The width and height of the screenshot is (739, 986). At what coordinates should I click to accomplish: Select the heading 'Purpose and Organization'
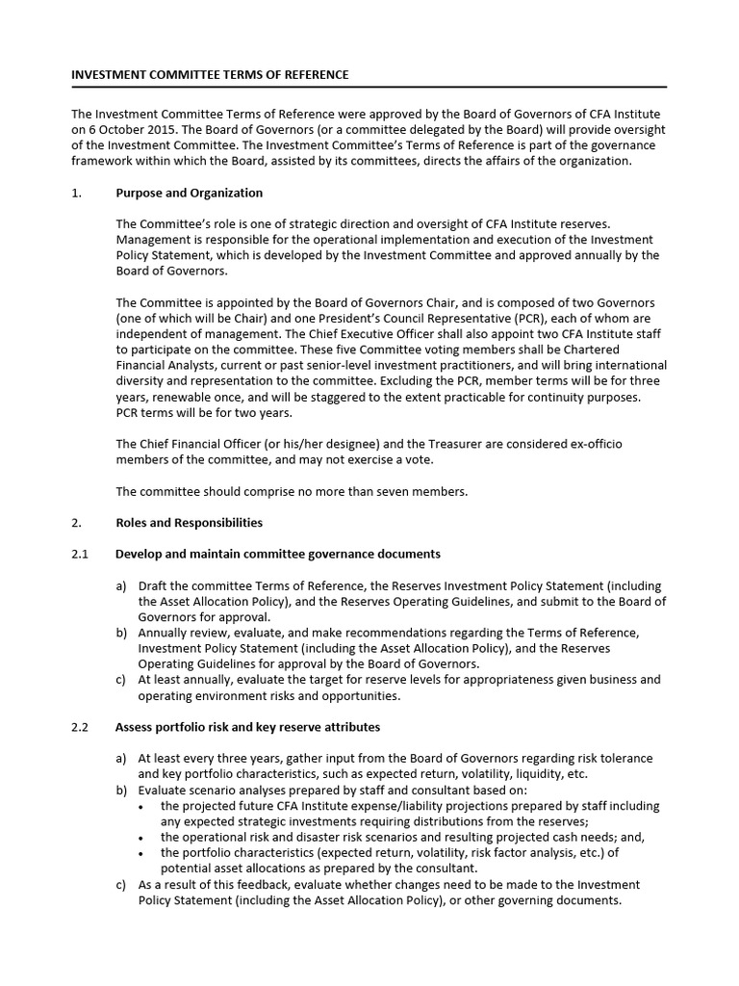189,193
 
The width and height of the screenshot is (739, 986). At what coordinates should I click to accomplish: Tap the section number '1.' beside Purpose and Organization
77,193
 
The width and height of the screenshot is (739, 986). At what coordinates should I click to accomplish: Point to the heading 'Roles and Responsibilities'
189,523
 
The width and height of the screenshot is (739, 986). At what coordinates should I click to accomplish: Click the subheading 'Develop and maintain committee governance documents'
277,554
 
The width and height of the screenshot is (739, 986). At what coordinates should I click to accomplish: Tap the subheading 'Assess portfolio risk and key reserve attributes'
247,727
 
